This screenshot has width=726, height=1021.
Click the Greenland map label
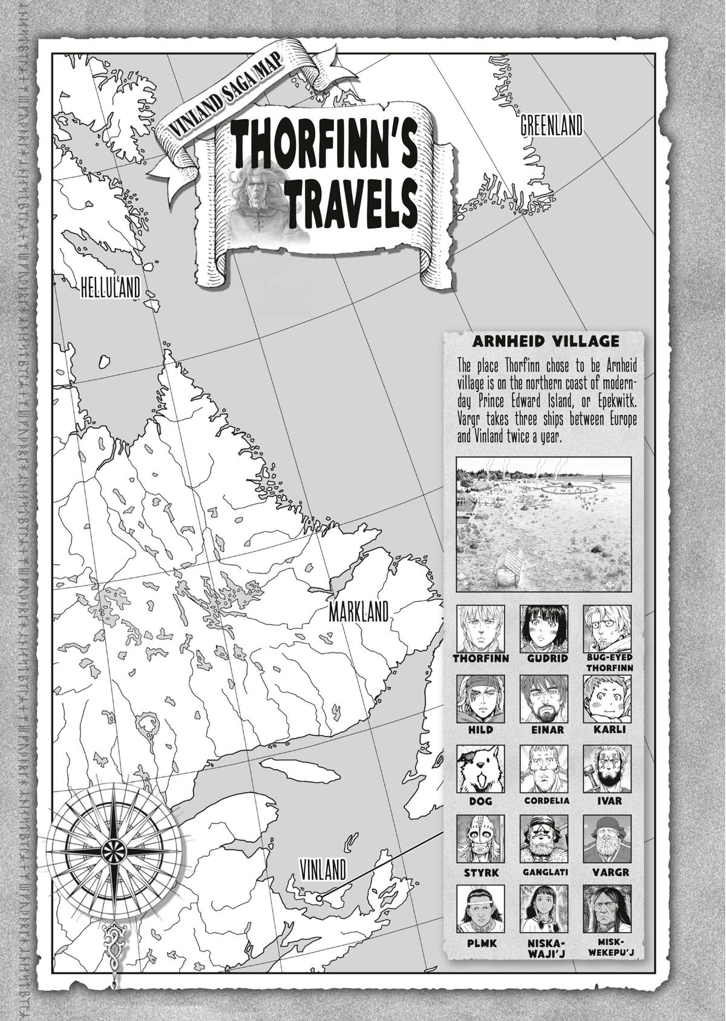click(551, 126)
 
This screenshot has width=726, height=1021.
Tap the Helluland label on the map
click(111, 288)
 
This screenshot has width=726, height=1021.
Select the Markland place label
click(358, 612)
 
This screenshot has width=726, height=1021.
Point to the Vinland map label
click(323, 870)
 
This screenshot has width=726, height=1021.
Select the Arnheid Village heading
click(546, 341)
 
